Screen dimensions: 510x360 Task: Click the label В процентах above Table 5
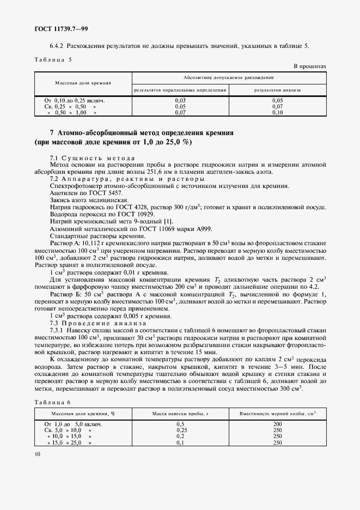(310, 66)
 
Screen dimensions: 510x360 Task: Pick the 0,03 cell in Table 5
(180, 101)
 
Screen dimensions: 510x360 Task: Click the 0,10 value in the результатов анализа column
(278, 113)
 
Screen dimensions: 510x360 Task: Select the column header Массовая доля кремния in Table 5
(83, 83)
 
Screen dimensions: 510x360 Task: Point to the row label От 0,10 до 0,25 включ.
(74, 101)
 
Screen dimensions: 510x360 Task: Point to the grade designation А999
(203, 229)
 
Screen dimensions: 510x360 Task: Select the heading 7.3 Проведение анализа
(95, 321)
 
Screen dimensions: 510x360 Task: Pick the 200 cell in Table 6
(277, 423)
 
